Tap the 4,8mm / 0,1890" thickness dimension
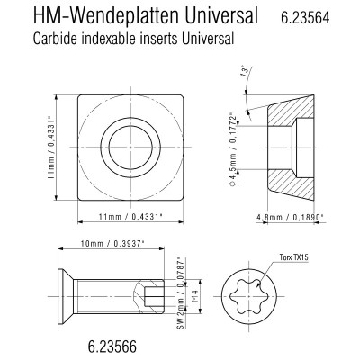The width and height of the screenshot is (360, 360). pyautogui.click(x=292, y=217)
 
